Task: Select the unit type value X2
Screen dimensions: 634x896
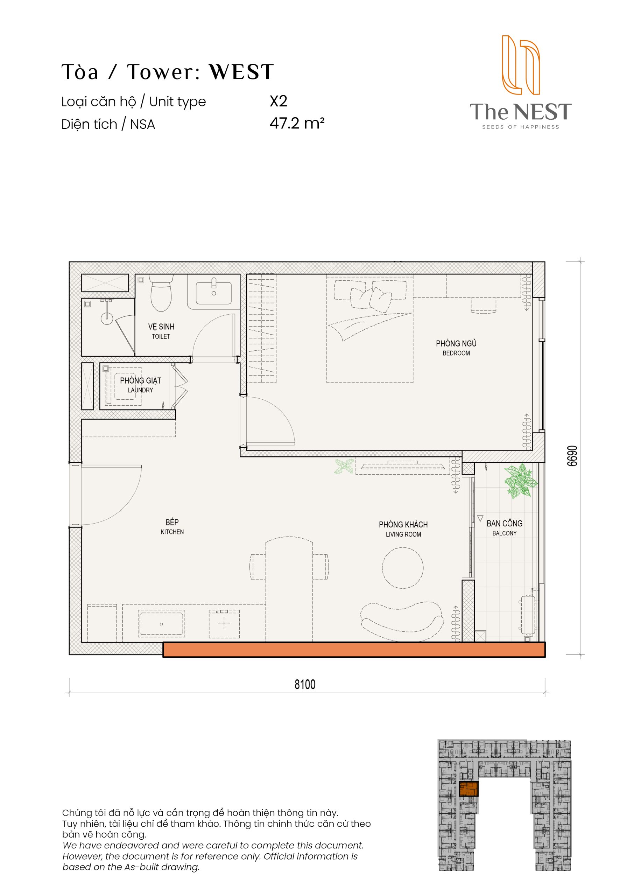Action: pos(279,101)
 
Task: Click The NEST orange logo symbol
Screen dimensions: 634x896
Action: pos(520,65)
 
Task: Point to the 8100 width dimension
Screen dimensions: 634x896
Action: pos(305,684)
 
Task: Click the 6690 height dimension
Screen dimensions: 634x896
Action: pos(572,456)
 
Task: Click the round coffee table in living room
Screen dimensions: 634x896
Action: pos(402,568)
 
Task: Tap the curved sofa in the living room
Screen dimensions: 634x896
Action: pos(402,621)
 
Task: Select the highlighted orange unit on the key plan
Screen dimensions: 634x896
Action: pos(469,789)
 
